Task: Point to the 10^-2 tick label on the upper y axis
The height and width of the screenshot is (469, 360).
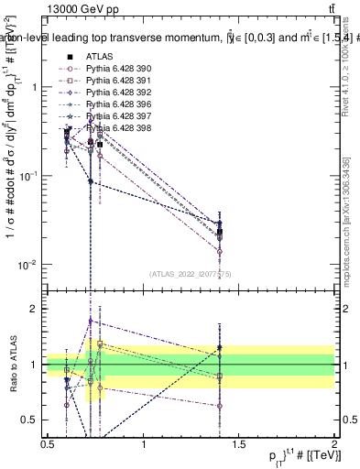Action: click(27, 265)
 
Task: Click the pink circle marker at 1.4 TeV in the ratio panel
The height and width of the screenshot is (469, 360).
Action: click(220, 406)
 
